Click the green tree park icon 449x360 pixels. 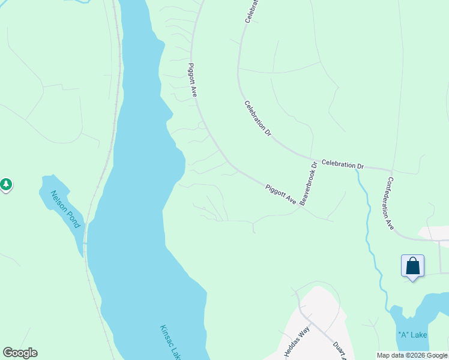tap(6, 184)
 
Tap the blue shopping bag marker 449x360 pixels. tap(412, 266)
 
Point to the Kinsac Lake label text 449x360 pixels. tap(170, 343)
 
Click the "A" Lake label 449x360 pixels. tap(412, 334)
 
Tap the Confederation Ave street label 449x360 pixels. tap(390, 203)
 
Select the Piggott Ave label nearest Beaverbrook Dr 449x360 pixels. tap(281, 194)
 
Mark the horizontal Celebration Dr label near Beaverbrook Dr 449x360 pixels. tap(343, 164)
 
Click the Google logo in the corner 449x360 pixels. tap(20, 353)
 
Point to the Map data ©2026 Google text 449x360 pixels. tap(412, 355)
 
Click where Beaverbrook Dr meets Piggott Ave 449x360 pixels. tap(301, 208)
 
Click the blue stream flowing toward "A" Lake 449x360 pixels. tap(371, 240)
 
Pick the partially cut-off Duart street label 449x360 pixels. tap(340, 352)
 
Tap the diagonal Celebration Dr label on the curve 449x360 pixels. tap(258, 118)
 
